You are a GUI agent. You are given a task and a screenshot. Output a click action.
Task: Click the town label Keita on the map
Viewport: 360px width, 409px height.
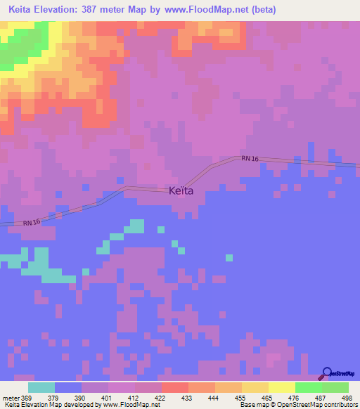[x=181, y=190]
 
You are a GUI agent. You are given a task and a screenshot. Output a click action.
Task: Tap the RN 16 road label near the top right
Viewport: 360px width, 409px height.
[x=250, y=160]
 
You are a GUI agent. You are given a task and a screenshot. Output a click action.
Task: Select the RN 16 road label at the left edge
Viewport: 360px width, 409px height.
[x=32, y=223]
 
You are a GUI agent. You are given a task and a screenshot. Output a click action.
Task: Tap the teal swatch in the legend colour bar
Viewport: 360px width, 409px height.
[x=41, y=387]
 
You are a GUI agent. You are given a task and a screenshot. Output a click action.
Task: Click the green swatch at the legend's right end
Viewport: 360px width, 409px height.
[x=335, y=387]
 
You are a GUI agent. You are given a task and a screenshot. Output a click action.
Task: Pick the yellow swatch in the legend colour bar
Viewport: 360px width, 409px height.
[x=281, y=387]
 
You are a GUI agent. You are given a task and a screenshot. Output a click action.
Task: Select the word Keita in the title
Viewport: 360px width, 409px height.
[x=23, y=10]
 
